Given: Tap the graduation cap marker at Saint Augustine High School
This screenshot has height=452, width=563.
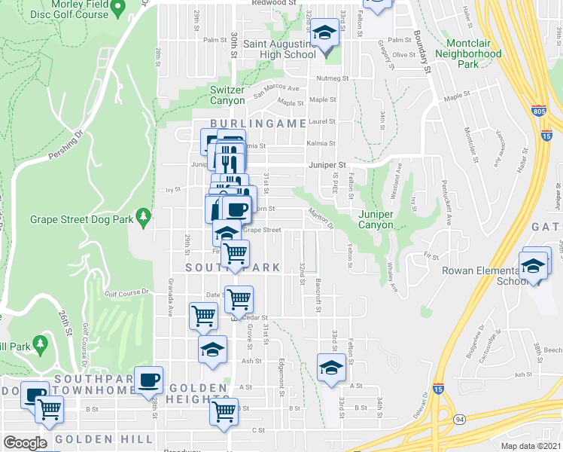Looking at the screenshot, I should [x=325, y=34].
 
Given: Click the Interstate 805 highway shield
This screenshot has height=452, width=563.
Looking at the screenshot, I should [x=538, y=110].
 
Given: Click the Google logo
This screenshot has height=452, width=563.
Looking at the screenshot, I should [x=25, y=443].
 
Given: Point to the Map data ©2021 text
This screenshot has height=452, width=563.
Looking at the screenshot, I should [x=530, y=446].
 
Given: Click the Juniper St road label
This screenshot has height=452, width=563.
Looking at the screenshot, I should [x=326, y=165].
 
